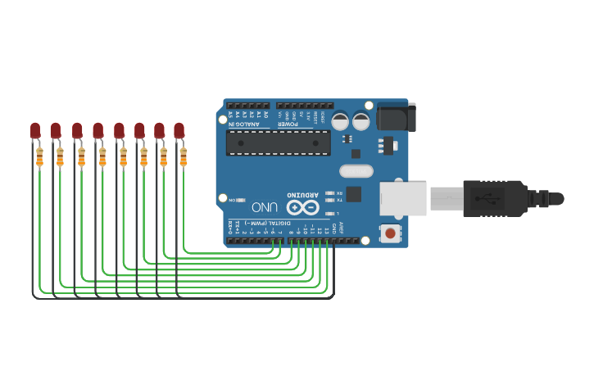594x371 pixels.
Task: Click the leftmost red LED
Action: tap(35, 129)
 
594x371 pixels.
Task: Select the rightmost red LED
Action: tap(179, 129)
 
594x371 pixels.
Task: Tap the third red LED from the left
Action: tap(77, 129)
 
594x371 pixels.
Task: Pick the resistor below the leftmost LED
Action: tap(39, 156)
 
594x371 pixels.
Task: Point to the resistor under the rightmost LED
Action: tap(183, 156)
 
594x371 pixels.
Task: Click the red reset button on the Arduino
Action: tap(390, 233)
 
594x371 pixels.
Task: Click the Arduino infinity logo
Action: tap(302, 207)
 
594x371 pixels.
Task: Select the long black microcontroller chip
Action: tap(279, 143)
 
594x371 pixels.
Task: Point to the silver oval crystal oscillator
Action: tap(356, 171)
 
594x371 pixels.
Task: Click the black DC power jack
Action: tap(397, 116)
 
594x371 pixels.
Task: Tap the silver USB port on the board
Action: tap(403, 199)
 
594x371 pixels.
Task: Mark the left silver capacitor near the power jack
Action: tap(340, 121)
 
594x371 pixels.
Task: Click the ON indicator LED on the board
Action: tap(240, 200)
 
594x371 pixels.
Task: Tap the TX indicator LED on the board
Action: tap(329, 200)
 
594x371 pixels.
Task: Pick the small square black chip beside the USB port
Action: tap(353, 194)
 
